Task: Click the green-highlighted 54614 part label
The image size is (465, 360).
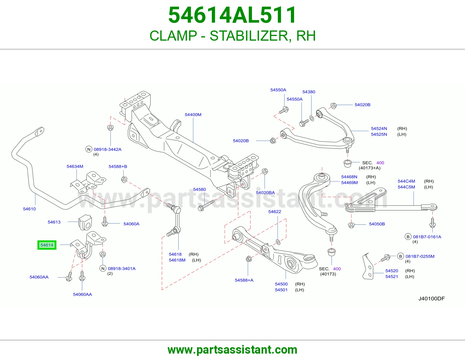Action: click(x=47, y=245)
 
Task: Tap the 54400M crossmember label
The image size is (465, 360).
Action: click(x=193, y=115)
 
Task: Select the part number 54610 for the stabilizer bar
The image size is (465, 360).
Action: click(x=29, y=209)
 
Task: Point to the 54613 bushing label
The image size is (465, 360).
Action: click(x=54, y=222)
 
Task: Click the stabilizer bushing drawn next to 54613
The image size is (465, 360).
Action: click(x=85, y=222)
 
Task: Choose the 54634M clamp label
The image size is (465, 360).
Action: click(x=75, y=166)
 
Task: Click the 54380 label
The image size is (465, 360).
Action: click(x=309, y=92)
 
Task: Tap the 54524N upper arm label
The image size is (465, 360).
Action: click(x=379, y=129)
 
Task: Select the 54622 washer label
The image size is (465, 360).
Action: click(x=275, y=212)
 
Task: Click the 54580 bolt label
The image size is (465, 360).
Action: click(x=199, y=189)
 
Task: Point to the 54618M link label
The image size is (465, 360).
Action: click(x=177, y=260)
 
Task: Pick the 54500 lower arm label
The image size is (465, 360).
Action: click(x=281, y=284)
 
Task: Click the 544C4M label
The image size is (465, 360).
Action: click(x=406, y=181)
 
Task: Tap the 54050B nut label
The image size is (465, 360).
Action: click(x=377, y=224)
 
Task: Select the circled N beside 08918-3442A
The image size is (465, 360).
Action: click(x=89, y=149)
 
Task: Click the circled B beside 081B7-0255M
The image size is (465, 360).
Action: click(x=400, y=256)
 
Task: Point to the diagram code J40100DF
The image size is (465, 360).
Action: click(x=432, y=298)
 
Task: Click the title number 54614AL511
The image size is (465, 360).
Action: click(x=233, y=15)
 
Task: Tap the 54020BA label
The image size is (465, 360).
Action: click(x=265, y=192)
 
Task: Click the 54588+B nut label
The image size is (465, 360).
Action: click(x=118, y=166)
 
